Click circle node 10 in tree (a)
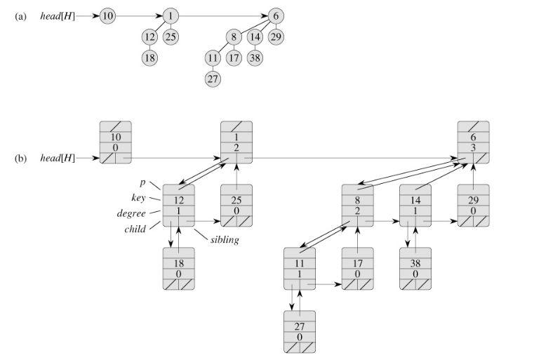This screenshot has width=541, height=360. tap(107, 15)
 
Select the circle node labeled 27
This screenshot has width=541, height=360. tap(213, 79)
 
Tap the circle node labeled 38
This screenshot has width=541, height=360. tap(255, 58)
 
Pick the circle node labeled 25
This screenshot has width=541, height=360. tap(171, 36)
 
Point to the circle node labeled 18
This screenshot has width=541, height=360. tap(149, 58)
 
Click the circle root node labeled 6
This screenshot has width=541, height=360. tap(276, 15)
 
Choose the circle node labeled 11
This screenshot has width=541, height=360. tap(213, 58)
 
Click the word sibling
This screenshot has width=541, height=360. tap(225, 240)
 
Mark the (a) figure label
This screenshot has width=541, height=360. tap(20, 15)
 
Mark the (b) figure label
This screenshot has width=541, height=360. tap(20, 158)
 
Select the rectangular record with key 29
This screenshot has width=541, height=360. tap(474, 205)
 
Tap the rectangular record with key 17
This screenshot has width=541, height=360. tap(359, 269)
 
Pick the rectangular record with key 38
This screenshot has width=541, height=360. tap(416, 269)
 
